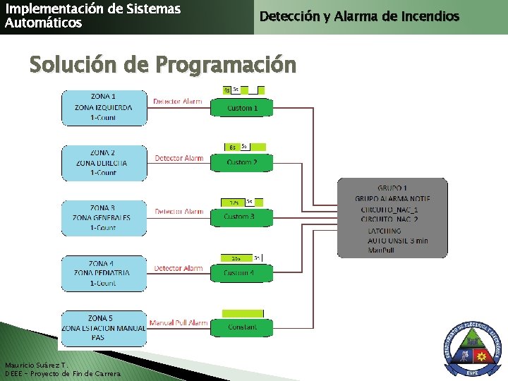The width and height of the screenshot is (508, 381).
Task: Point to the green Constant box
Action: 242,327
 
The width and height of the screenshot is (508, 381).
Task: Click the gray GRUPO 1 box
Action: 392,217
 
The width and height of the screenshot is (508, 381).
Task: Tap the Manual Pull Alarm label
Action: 179,323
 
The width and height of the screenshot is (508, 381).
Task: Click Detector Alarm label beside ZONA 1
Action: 178,102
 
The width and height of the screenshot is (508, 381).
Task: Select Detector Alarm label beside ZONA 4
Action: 179,268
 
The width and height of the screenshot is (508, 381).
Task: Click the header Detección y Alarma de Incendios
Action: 359,16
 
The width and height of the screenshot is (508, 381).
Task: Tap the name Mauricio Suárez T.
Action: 35,365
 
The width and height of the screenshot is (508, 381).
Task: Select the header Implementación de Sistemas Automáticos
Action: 92,16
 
